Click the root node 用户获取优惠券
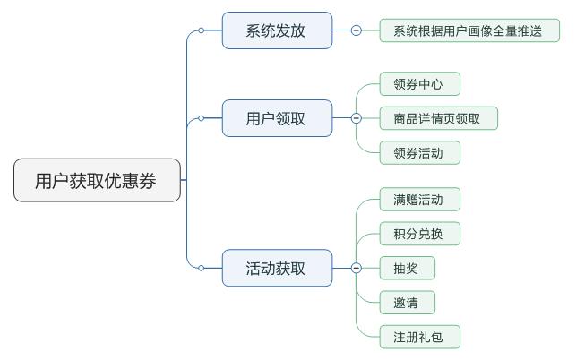(97, 180)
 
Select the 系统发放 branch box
(277, 30)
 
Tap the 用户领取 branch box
(277, 118)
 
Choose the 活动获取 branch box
(277, 268)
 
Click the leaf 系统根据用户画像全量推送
(469, 30)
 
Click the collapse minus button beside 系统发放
(356, 30)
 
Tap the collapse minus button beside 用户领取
(356, 118)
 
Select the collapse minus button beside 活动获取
(356, 268)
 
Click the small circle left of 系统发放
(201, 30)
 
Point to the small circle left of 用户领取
(201, 118)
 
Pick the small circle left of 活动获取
(201, 268)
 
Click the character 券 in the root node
(148, 180)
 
